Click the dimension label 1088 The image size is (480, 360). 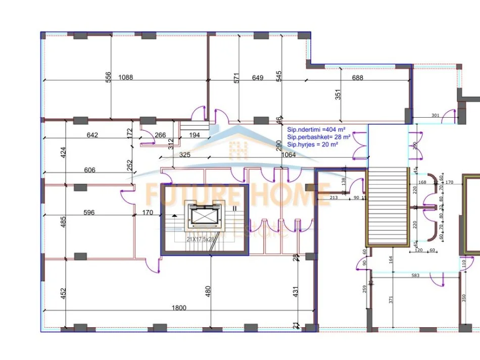125,77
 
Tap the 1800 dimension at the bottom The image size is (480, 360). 179,308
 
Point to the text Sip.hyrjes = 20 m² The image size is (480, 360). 312,144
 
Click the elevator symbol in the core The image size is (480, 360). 204,216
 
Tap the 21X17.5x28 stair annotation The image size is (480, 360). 203,239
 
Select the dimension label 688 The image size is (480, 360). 358,77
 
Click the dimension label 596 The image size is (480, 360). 88,213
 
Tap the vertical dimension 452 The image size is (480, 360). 64,293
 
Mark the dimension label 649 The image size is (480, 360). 258,77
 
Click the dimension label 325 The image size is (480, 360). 184,155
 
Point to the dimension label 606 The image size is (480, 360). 89,170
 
